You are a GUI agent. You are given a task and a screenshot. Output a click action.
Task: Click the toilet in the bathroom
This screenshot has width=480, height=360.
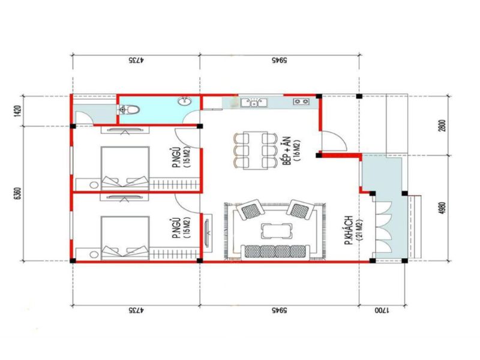[x=129, y=110]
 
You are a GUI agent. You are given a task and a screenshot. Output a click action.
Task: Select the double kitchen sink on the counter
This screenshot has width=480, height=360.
[x=254, y=103]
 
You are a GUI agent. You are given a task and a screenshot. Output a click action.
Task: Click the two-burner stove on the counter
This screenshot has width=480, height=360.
[x=301, y=101]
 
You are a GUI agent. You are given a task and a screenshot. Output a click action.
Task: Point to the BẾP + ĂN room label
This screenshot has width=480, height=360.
[x=287, y=151]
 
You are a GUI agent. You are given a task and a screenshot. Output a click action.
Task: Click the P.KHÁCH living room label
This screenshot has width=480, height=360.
[x=349, y=230]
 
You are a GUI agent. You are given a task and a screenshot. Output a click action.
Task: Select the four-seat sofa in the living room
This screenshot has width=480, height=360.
[x=274, y=252]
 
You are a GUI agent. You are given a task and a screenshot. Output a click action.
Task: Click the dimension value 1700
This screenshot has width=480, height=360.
[x=382, y=310]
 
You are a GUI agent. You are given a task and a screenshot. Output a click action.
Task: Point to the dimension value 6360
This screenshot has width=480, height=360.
[x=18, y=193]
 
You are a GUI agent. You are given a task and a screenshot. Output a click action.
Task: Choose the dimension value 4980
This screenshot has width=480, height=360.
[x=442, y=208]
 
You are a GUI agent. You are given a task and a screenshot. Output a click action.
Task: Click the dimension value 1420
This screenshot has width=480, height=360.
[x=18, y=112]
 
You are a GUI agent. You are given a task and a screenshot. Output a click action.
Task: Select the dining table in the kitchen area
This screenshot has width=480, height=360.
[x=254, y=150]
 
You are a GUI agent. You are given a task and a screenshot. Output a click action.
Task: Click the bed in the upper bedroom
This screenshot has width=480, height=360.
[x=125, y=167]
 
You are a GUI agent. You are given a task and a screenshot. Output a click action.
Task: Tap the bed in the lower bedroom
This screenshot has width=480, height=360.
[x=125, y=238]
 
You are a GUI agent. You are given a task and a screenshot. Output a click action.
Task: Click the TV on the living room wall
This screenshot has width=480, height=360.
[x=208, y=233]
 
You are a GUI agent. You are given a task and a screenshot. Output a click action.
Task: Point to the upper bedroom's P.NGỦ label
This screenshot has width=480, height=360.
[x=176, y=158]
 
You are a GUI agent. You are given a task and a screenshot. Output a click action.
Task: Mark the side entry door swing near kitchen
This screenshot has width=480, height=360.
[x=334, y=141]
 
